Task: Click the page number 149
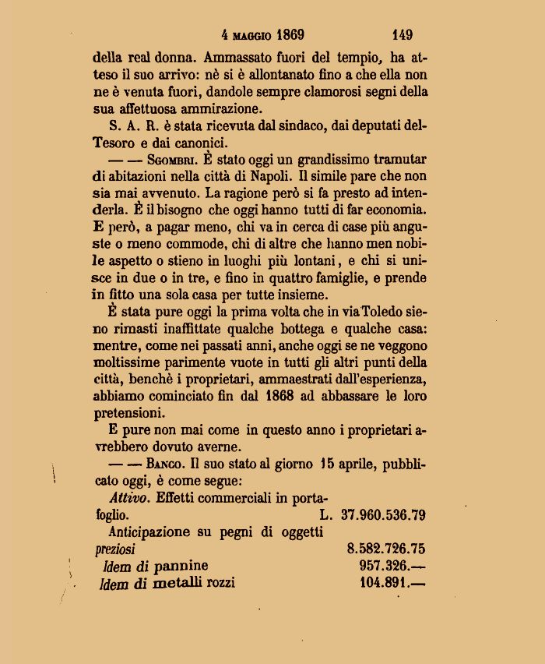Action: click(x=403, y=34)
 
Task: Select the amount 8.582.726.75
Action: click(x=386, y=549)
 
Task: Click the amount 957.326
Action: click(x=389, y=566)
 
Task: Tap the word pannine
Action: click(x=181, y=567)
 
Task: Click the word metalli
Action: click(x=178, y=583)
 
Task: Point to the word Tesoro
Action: click(x=114, y=142)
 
